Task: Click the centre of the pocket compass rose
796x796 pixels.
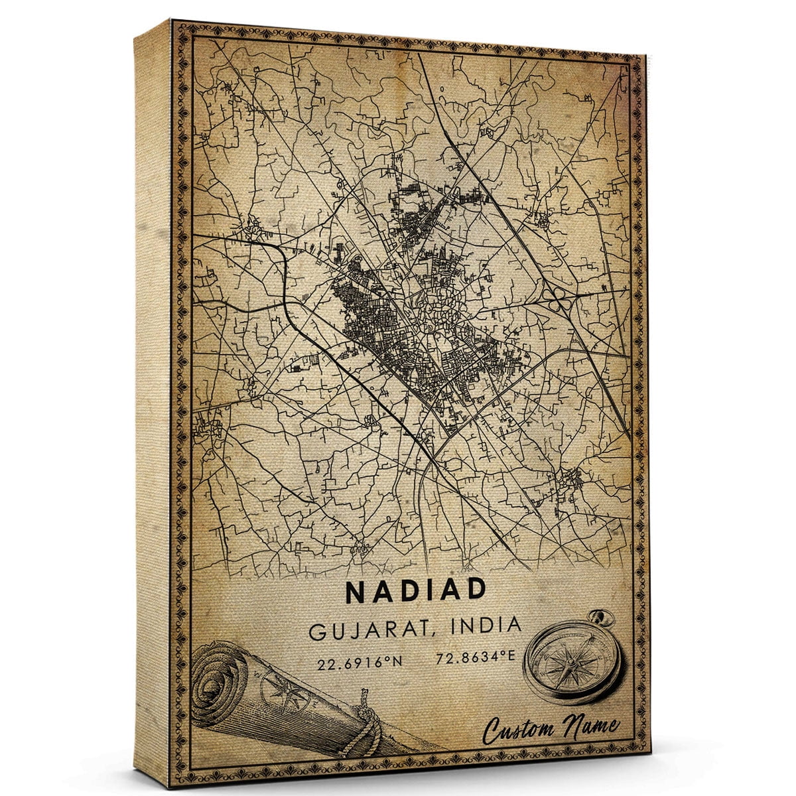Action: (571, 661)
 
